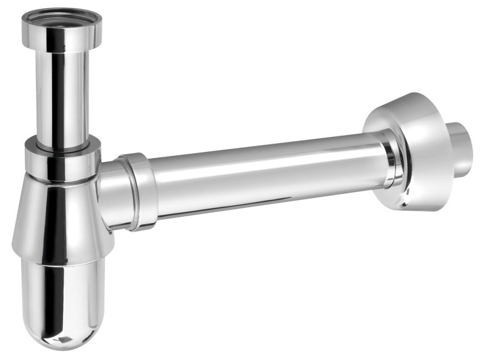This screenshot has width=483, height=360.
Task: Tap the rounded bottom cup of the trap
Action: click(x=61, y=300)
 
